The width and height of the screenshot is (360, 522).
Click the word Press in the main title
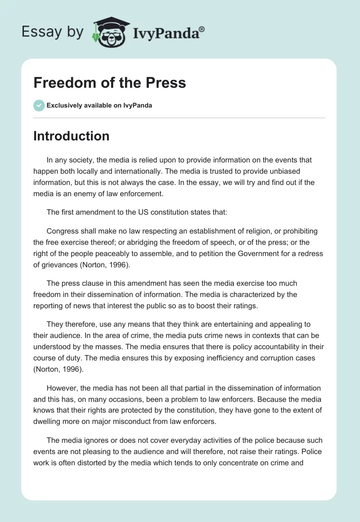click(x=164, y=83)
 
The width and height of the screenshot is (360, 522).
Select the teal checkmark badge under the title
click(x=39, y=105)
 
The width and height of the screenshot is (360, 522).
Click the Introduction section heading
click(x=71, y=136)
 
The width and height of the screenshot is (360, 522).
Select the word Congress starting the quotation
click(x=62, y=231)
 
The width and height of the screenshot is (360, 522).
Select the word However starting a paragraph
click(x=61, y=388)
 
